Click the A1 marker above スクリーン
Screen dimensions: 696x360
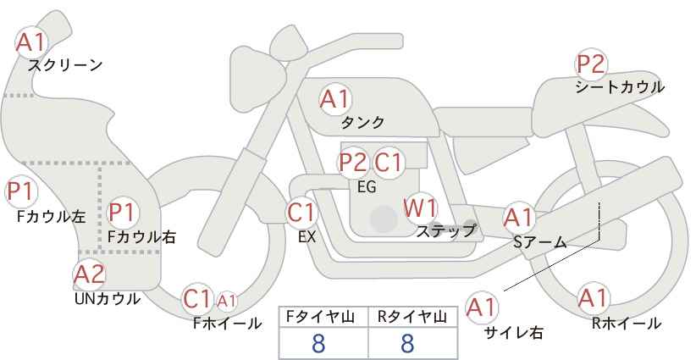click(x=31, y=42)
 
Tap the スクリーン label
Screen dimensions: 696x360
click(x=65, y=66)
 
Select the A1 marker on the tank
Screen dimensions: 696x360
click(x=335, y=99)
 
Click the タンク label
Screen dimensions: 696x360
click(x=362, y=122)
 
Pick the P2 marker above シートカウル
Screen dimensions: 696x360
click(x=591, y=64)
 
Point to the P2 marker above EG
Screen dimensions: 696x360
click(x=354, y=163)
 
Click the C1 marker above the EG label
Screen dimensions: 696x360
click(x=388, y=163)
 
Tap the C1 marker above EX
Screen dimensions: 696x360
click(x=301, y=213)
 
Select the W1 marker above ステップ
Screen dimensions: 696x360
click(x=420, y=208)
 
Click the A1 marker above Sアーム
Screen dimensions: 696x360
click(x=518, y=218)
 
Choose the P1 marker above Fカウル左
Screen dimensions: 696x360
click(x=21, y=192)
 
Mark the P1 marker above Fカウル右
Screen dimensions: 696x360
click(x=122, y=213)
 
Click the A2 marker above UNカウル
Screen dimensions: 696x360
click(x=90, y=274)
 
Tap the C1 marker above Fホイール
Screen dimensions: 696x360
click(x=196, y=299)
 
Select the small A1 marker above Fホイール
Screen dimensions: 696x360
click(x=226, y=301)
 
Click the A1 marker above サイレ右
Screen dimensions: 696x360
click(x=482, y=307)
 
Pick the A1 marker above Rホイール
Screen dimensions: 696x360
click(x=593, y=298)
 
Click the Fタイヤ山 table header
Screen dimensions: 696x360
click(x=320, y=317)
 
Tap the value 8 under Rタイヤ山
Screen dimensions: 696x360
click(x=407, y=343)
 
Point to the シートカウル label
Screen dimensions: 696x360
click(x=620, y=87)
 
